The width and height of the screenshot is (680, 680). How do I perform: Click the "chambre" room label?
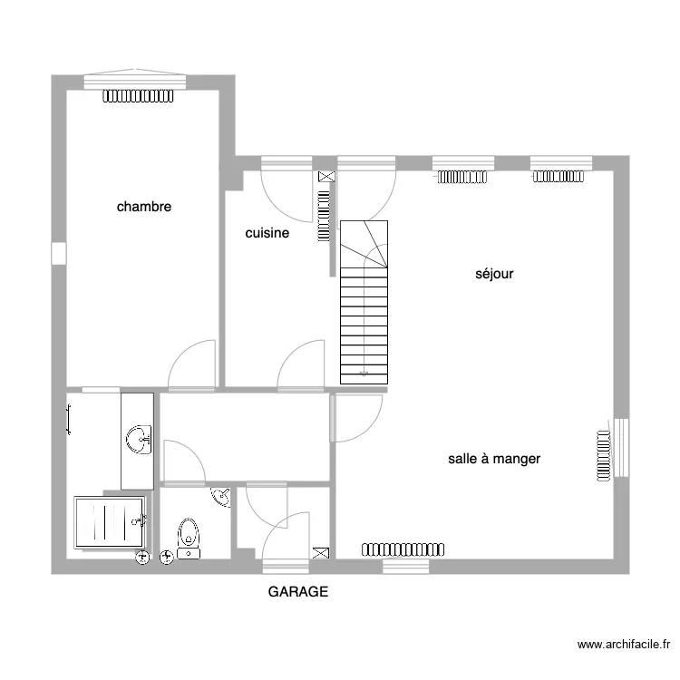(x=144, y=207)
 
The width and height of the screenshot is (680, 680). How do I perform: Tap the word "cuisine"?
(x=267, y=233)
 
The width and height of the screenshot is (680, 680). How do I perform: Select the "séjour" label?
(x=494, y=274)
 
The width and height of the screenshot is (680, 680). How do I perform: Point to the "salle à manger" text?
(x=494, y=459)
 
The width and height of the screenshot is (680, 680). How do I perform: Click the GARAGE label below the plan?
(x=298, y=591)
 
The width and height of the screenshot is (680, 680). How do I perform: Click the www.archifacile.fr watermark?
(x=624, y=645)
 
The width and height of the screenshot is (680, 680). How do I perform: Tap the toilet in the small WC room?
(x=189, y=539)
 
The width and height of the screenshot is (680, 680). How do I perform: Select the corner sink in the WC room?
(x=221, y=497)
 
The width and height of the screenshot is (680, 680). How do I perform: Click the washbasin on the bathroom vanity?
(x=139, y=440)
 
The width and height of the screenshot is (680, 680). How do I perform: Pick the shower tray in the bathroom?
(x=110, y=522)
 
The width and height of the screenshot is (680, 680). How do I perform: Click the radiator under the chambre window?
(x=138, y=96)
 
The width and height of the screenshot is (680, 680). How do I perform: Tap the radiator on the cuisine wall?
(x=324, y=216)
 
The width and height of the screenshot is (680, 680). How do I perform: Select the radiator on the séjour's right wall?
(x=603, y=456)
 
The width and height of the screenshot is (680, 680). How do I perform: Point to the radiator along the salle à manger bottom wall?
(x=403, y=549)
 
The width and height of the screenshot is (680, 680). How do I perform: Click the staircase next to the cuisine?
(x=364, y=302)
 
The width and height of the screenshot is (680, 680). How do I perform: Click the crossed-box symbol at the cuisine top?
(x=326, y=176)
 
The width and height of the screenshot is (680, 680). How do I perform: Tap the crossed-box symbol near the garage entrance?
(x=320, y=553)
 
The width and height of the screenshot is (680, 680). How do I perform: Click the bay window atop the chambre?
(x=135, y=79)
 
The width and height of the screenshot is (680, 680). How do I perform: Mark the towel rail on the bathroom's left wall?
(x=69, y=419)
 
